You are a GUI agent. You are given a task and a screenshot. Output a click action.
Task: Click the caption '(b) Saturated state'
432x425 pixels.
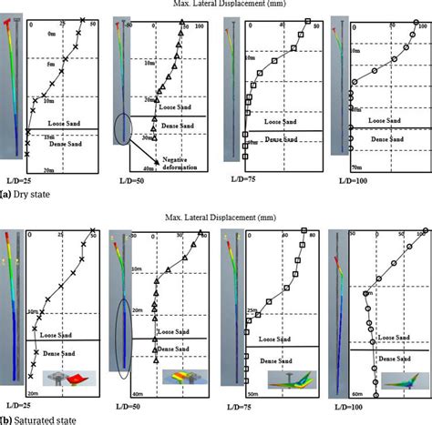pos(38,420)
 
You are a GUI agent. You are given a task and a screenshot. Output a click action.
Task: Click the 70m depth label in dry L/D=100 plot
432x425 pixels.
pos(357,169)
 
